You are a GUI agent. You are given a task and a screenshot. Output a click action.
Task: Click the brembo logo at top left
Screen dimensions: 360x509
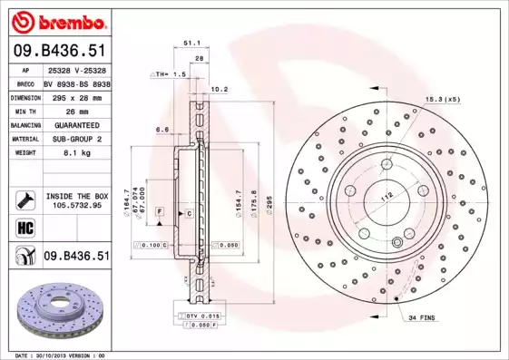point(56,20)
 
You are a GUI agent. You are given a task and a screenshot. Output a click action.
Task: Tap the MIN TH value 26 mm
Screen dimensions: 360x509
point(67,110)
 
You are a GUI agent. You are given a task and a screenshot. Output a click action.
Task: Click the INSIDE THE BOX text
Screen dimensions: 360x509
point(77,196)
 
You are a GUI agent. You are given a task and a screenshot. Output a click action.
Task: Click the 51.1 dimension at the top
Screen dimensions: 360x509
point(191,42)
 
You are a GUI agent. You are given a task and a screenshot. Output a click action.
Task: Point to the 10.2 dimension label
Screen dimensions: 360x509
point(219,89)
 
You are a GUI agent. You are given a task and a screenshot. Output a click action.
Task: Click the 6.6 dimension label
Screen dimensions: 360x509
point(162,130)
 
